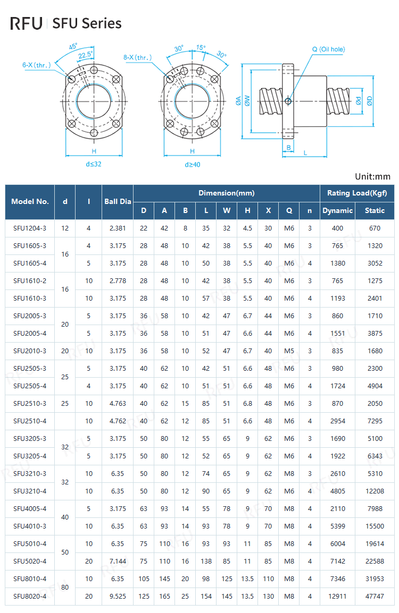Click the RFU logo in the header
point(27,23)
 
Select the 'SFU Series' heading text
point(87,23)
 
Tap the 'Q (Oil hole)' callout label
point(328,49)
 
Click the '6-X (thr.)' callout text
point(36,65)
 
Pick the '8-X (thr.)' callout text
point(137,57)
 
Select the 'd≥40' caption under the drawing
point(193,165)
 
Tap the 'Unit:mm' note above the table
point(372,177)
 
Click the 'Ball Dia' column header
point(118,202)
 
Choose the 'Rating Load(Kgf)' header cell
point(356,193)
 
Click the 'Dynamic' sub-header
point(337,210)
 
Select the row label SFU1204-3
point(30,228)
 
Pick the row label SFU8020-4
point(30,596)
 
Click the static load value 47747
point(375,596)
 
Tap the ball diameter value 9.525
point(118,596)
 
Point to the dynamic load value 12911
point(337,596)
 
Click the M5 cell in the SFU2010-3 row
point(289,351)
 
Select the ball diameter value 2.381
point(118,228)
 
